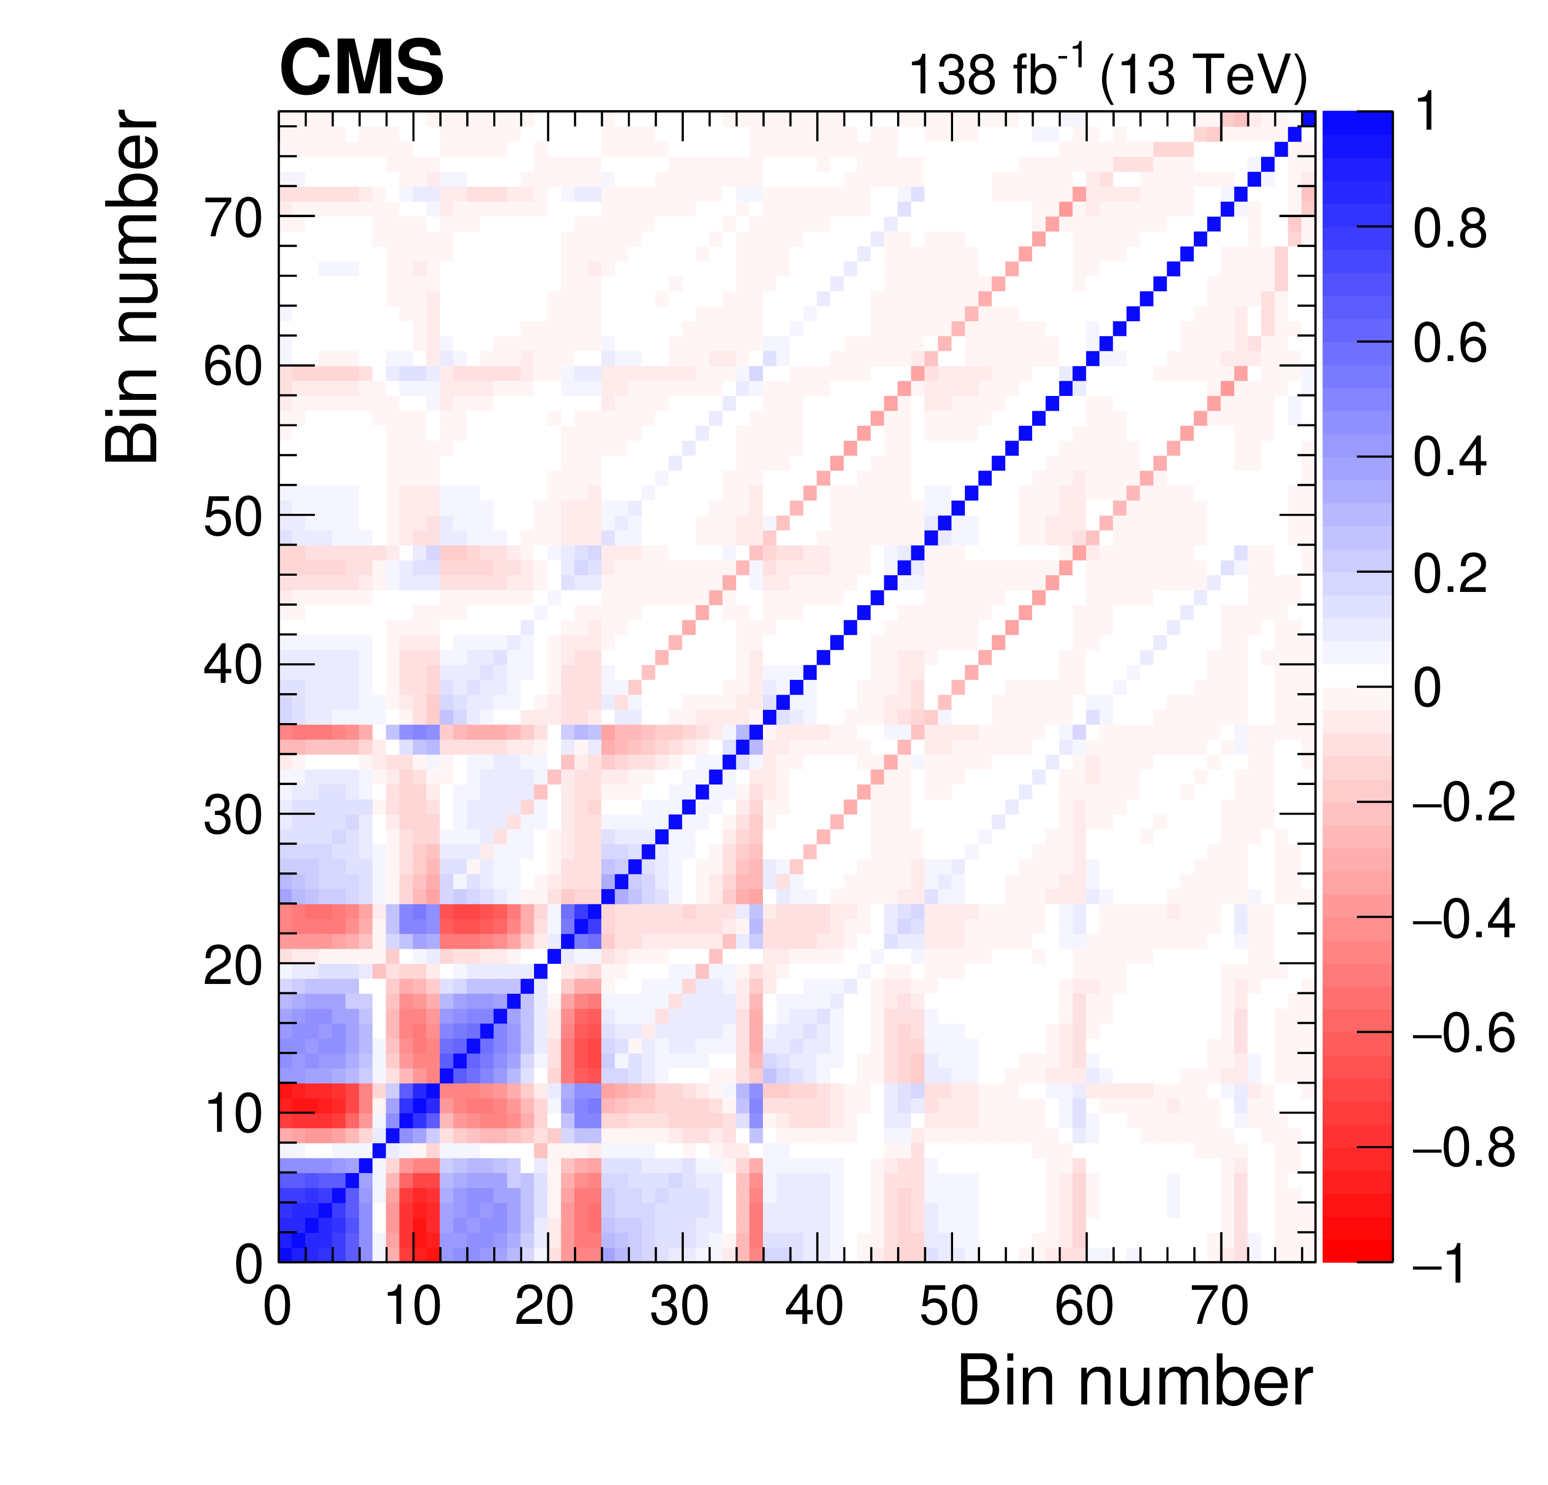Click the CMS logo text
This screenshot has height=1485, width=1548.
361,70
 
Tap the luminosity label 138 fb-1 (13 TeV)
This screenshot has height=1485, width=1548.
1107,76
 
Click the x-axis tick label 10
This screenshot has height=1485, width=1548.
412,1307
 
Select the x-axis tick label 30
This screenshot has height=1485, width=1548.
679,1307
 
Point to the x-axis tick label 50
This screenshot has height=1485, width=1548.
949,1307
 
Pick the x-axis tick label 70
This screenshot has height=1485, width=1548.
1219,1307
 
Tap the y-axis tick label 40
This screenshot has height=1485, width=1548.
232,666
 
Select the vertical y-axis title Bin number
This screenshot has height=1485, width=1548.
133,286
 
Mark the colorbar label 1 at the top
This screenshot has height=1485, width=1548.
1426,113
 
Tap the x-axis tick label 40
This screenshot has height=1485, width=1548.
814,1307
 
